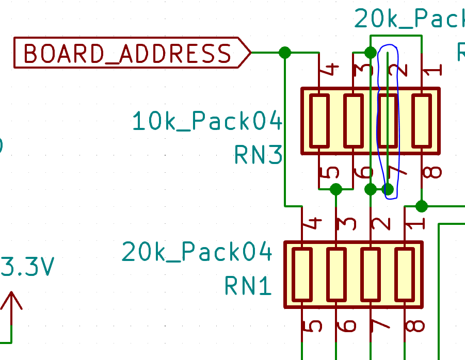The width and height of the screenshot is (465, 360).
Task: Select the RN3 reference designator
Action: [258, 154]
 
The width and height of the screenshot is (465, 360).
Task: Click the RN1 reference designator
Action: [248, 285]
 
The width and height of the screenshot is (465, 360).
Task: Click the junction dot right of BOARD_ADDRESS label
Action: [284, 52]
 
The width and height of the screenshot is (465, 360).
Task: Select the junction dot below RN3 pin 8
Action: [422, 206]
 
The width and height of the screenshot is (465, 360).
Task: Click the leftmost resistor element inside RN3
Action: [319, 121]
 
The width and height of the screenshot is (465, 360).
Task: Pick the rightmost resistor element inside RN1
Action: [405, 274]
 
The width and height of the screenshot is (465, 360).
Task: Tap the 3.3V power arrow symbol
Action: [11, 302]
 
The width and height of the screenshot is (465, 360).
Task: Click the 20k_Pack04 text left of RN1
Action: [197, 252]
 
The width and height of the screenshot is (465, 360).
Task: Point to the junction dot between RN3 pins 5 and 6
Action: [336, 189]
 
